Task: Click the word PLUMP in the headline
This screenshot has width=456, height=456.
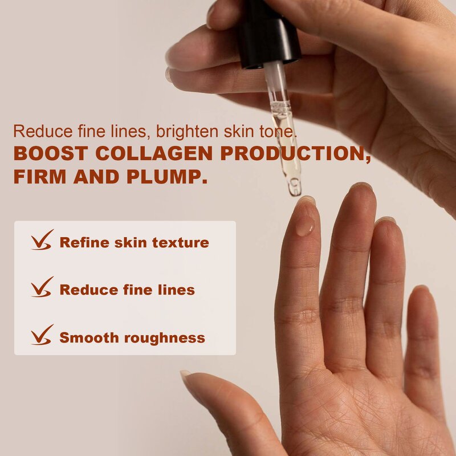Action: [171, 176]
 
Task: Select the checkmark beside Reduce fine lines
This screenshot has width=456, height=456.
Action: [42, 287]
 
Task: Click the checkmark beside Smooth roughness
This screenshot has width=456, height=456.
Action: [42, 335]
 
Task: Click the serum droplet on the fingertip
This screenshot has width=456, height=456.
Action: [305, 227]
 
